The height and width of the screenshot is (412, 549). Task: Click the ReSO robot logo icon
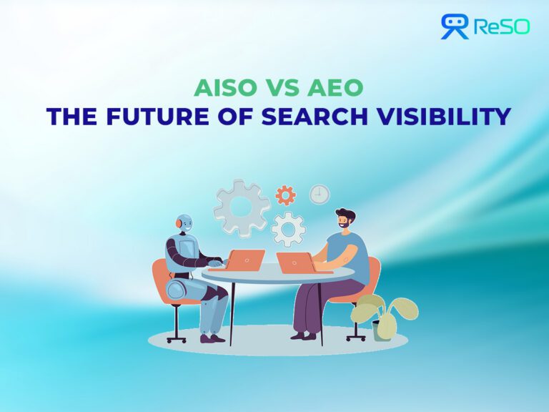click(x=455, y=26)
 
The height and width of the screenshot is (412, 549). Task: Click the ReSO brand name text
click(x=500, y=27)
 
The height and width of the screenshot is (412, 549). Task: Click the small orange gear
click(x=286, y=195)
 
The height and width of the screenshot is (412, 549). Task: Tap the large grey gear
click(x=242, y=208)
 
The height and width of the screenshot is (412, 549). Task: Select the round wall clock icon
click(x=320, y=195)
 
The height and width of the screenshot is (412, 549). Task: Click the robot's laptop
click(x=247, y=259)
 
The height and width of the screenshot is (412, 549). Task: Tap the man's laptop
click(x=295, y=263)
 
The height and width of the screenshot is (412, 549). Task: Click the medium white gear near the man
click(x=289, y=229)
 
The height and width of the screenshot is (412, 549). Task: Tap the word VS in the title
click(x=278, y=88)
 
